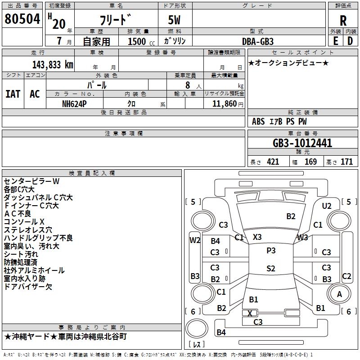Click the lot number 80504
[x=22, y=19]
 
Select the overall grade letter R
[x=343, y=21]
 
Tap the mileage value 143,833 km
[x=53, y=64]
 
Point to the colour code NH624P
[x=75, y=103]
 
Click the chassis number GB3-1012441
[x=302, y=144]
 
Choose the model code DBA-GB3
[x=261, y=41]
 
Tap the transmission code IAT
[x=13, y=94]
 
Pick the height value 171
[x=346, y=162]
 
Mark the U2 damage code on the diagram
[x=327, y=206]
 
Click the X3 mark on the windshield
[x=257, y=237]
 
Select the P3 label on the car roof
[x=271, y=251]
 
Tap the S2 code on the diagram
[x=270, y=269]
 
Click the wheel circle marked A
[x=339, y=294]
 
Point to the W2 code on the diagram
[x=194, y=240]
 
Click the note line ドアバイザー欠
[x=28, y=287]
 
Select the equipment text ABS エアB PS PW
[x=279, y=121]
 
